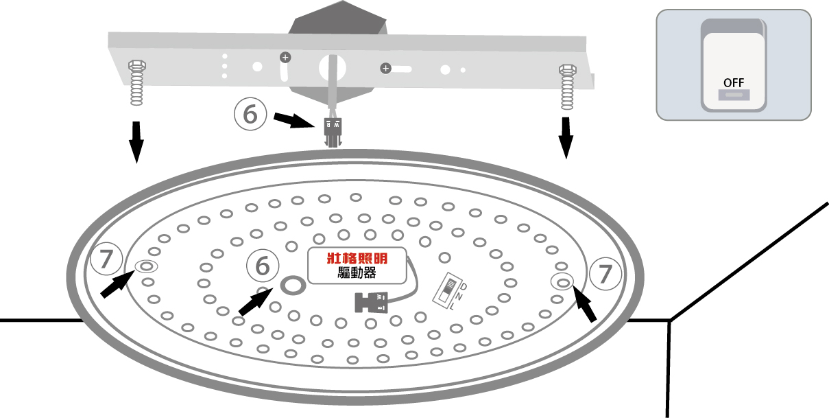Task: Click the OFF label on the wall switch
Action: tap(733, 82)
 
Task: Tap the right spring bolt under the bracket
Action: tap(567, 87)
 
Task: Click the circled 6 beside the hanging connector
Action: tap(250, 114)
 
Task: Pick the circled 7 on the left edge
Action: tap(106, 259)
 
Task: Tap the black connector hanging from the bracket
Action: tap(332, 130)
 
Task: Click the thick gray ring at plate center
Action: tap(293, 285)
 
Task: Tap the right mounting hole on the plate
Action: tap(563, 281)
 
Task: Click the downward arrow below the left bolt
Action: tap(136, 141)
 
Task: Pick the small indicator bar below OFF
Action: tap(733, 96)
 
